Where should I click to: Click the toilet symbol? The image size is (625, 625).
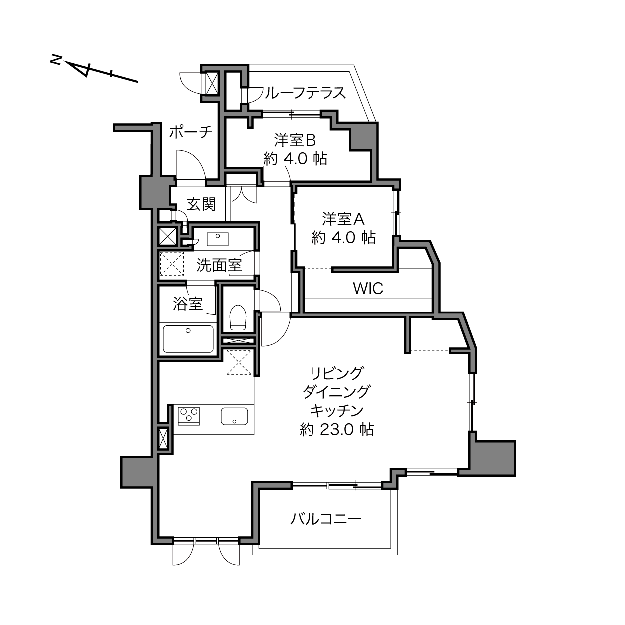238,317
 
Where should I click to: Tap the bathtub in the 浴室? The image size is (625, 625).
188,339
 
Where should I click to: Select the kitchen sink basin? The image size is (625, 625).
234,416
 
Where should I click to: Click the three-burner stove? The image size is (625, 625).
189,416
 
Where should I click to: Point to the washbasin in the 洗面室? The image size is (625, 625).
218,239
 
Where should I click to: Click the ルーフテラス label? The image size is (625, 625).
305,93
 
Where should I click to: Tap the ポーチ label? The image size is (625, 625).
191,132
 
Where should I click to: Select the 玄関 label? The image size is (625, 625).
201,204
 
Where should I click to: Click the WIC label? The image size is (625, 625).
368,288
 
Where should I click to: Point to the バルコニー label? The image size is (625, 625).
325,519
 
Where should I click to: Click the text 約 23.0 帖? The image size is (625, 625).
337,430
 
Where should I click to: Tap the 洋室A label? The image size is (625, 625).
343,219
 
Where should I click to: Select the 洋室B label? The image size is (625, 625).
295,140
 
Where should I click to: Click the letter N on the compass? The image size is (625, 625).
56,60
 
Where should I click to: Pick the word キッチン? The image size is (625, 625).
337,411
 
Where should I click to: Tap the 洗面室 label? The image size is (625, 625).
219,265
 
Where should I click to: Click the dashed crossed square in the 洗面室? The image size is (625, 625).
172,264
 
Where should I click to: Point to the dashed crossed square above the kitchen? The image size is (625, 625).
239,362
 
